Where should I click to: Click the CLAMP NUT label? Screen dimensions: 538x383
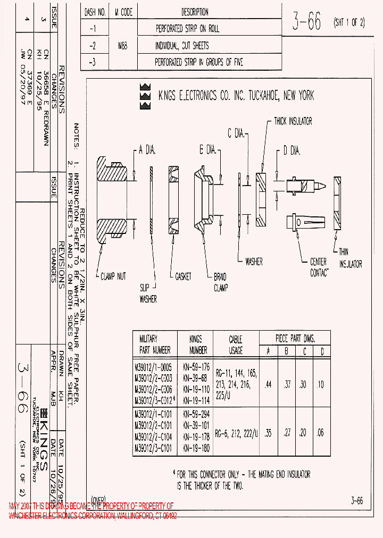click(112, 276)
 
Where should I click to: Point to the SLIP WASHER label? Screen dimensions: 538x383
click(148, 293)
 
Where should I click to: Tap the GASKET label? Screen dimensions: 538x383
click(183, 277)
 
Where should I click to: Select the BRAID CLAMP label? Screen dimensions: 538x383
click(220, 282)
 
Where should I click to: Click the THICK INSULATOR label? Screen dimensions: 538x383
click(293, 121)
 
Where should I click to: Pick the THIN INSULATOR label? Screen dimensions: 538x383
click(351, 258)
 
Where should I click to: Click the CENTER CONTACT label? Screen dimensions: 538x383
click(319, 267)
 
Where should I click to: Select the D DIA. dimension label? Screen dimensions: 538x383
click(292, 151)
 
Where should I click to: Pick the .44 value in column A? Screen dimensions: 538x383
click(268, 384)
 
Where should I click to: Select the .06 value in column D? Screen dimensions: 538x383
click(321, 433)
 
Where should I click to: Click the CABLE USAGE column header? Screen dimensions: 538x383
click(236, 344)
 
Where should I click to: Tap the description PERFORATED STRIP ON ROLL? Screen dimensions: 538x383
click(187, 29)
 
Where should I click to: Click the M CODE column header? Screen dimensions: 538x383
click(122, 12)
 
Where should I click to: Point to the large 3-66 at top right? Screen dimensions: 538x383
click(307, 22)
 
